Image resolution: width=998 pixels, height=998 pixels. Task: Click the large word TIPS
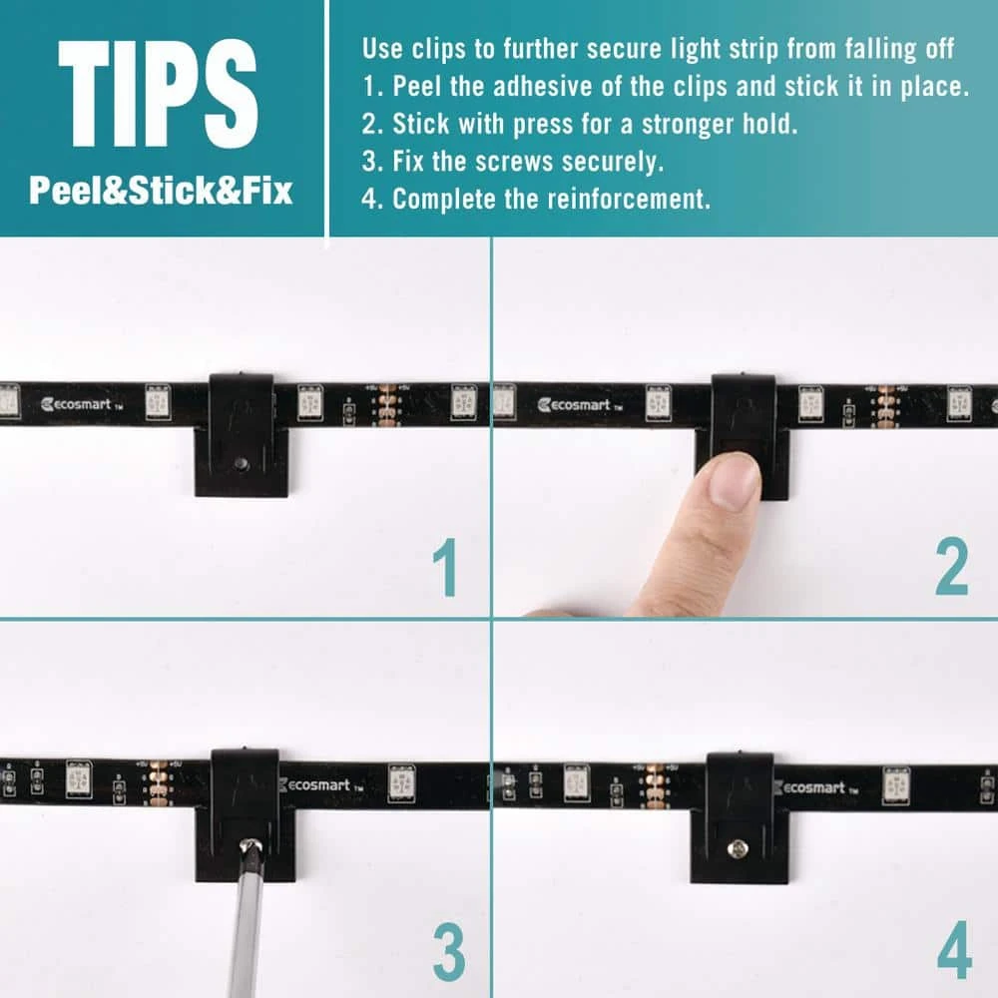(x=159, y=93)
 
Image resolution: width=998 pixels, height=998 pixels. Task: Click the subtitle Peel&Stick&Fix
(x=161, y=191)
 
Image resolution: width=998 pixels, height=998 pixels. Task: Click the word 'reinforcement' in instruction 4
(x=629, y=200)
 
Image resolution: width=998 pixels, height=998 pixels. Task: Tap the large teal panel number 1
(x=445, y=567)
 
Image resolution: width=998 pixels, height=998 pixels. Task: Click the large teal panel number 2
(x=951, y=567)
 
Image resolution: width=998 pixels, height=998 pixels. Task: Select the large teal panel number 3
(x=449, y=952)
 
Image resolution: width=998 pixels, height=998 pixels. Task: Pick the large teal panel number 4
(x=954, y=951)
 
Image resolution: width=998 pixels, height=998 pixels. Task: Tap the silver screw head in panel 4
(x=738, y=847)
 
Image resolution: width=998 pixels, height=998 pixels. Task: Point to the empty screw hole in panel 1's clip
(x=240, y=462)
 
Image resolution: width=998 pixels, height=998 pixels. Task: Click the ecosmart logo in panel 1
(x=81, y=404)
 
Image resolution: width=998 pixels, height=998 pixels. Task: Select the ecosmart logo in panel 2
(x=579, y=405)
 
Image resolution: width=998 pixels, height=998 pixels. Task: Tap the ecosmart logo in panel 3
(x=321, y=785)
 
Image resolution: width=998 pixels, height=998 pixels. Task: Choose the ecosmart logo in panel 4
(x=815, y=788)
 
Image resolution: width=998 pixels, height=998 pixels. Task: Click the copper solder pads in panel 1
(x=387, y=405)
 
